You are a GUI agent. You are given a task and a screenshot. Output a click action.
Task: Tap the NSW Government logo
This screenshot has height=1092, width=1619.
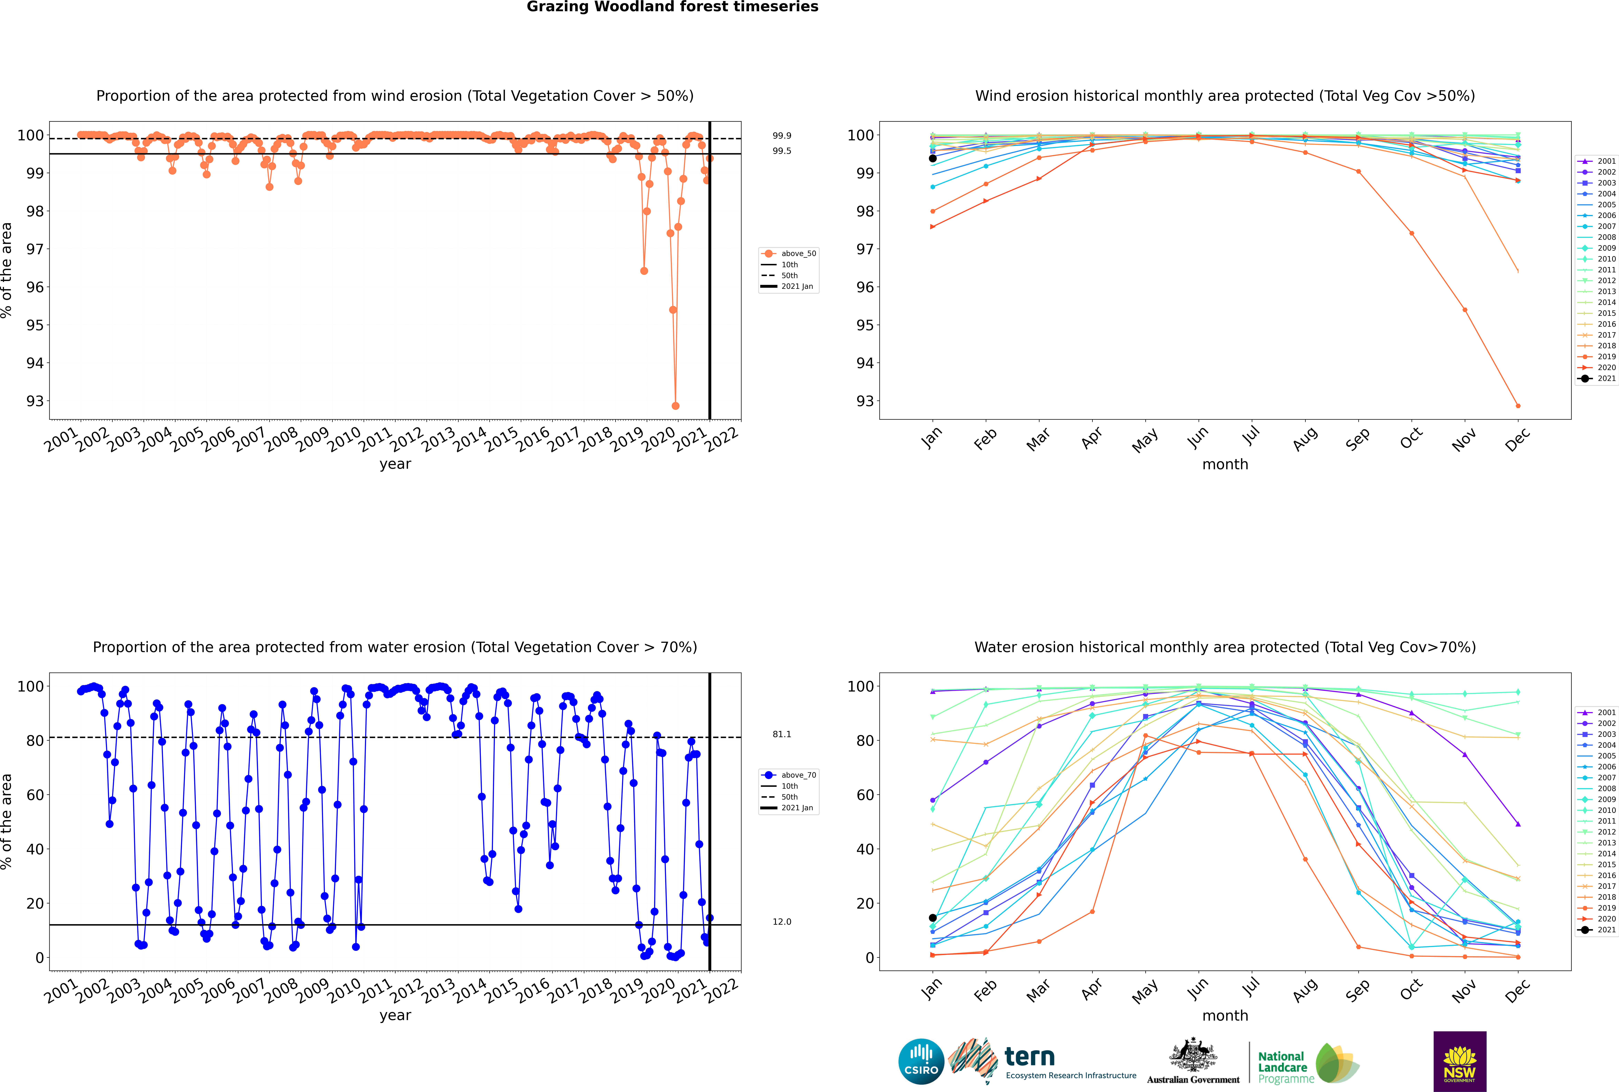click(x=1460, y=1061)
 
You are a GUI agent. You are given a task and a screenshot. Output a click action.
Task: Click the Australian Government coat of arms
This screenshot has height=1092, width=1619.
click(x=1193, y=1055)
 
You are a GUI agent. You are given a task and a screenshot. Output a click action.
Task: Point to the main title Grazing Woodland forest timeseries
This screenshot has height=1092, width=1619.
click(x=672, y=7)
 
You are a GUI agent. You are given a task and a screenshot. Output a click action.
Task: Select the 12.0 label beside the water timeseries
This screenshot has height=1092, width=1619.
click(x=782, y=921)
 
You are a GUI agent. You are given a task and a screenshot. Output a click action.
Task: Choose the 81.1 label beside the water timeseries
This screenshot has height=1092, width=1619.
click(x=782, y=734)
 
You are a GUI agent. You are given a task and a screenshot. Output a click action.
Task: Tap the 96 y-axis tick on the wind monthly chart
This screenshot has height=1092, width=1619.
click(x=865, y=287)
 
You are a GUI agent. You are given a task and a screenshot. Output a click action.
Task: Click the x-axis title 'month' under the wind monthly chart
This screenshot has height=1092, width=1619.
click(x=1225, y=465)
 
